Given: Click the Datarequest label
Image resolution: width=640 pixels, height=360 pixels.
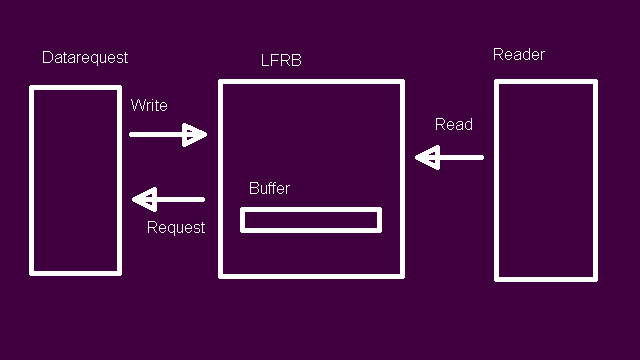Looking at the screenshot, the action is tap(85, 58).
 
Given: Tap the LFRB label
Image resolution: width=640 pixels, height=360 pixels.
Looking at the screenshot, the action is tap(281, 60).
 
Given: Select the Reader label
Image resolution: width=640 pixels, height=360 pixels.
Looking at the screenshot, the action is tap(519, 54).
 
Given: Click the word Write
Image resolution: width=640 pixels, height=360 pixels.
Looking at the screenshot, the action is tap(149, 105).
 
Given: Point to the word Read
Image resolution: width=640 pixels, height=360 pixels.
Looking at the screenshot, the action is tap(454, 124).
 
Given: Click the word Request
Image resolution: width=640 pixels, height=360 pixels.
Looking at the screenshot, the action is tap(176, 227).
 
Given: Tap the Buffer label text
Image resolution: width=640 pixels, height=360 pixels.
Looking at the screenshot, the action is tap(269, 188).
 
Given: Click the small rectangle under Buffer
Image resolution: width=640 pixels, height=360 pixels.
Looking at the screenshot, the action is tap(311, 209).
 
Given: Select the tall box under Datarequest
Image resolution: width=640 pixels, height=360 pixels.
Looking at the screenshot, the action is tap(31, 180).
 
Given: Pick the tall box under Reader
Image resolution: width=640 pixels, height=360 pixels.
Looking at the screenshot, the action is tap(496, 180).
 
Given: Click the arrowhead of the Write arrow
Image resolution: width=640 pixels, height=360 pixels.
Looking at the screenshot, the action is tap(194, 135).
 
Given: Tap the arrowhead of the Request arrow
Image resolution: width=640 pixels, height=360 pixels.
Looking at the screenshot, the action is tap(144, 200).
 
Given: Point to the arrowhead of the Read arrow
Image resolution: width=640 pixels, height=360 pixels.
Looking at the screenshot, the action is tap(427, 158).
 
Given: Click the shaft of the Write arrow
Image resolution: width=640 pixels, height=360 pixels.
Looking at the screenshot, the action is tap(156, 134).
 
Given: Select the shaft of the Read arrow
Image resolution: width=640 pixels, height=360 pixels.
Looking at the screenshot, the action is tap(462, 158).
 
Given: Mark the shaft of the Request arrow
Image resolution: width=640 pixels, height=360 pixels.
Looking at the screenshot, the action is tap(181, 200).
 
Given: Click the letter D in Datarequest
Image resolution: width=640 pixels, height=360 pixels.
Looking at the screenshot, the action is tap(47, 58).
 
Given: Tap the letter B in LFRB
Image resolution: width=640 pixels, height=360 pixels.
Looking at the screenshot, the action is tap(297, 60).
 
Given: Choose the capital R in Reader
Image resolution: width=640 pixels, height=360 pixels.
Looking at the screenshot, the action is tap(498, 54).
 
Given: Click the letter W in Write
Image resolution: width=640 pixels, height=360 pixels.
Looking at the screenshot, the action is tap(138, 105).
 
